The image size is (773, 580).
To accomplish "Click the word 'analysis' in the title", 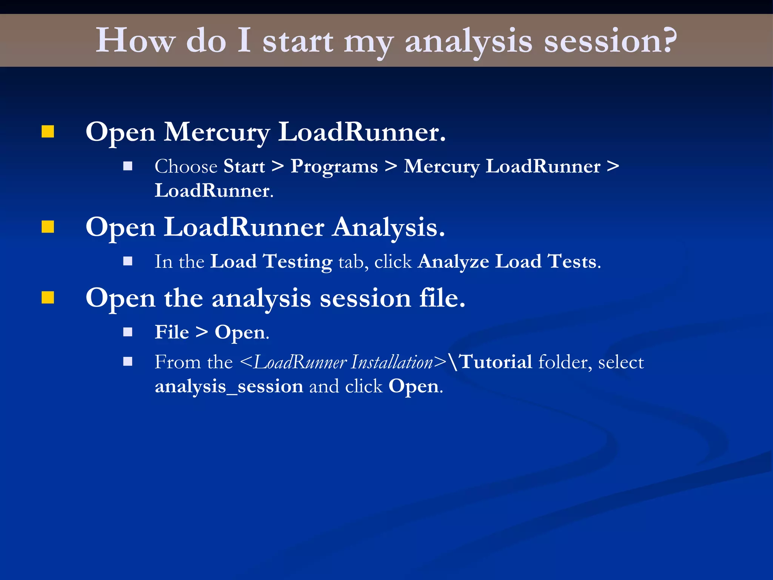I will point(468,42).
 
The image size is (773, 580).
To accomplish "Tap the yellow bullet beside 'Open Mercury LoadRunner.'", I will point(48,132).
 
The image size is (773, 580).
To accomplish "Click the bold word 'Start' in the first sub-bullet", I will point(244,167).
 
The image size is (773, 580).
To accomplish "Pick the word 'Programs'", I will point(334,167).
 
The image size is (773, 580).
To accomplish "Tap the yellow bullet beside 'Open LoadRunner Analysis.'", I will point(48,227).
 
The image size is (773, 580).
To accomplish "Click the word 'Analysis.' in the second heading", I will point(389,228).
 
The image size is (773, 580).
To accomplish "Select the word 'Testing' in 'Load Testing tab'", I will point(298,262).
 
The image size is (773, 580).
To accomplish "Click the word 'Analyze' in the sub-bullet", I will point(453,262).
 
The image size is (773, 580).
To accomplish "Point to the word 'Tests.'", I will point(574,261).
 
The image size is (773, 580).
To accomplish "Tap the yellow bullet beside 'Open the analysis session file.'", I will point(48,298).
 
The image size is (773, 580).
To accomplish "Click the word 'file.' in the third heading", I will point(442,298).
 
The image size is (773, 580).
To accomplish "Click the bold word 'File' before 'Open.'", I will point(172,332).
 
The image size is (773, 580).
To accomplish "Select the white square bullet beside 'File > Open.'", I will point(128,332).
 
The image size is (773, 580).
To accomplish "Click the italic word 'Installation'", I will point(392,362).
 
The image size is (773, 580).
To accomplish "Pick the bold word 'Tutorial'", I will point(496,362).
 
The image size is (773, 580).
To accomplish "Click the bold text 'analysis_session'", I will point(229,387).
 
